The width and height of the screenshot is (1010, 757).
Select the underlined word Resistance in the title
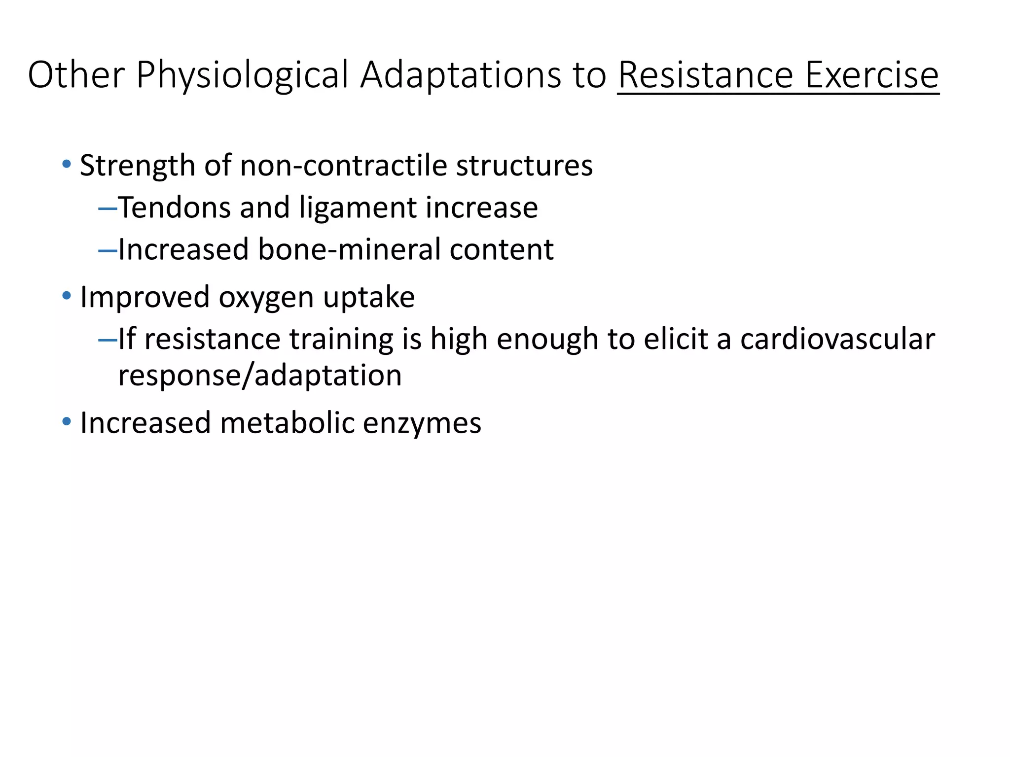click(x=705, y=75)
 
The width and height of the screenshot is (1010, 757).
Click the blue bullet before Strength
click(x=67, y=164)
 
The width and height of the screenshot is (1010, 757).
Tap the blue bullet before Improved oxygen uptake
click(x=67, y=296)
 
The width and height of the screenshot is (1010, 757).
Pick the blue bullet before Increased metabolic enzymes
click(x=67, y=422)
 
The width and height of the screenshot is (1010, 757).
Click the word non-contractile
click(x=343, y=165)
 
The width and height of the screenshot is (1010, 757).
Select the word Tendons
click(x=174, y=207)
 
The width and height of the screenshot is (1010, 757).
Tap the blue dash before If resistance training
click(x=108, y=340)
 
